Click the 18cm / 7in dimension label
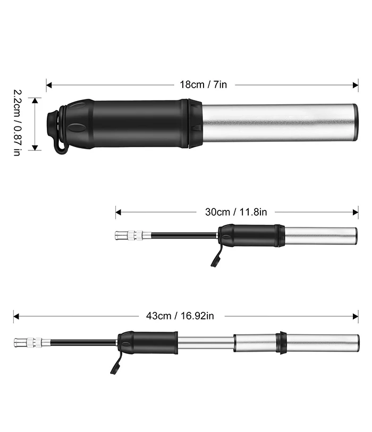coord(204,84)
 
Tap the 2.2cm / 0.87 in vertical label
coord(17,123)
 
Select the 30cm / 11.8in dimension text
coord(236,212)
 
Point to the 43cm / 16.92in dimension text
coord(180,316)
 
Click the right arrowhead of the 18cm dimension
coord(356,85)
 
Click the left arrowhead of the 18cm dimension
coord(49,85)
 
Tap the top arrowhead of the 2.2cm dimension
coord(35,100)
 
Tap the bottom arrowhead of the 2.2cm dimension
coord(35,148)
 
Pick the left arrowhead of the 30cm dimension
coord(119,212)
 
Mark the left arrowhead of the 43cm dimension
coord(16,316)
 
